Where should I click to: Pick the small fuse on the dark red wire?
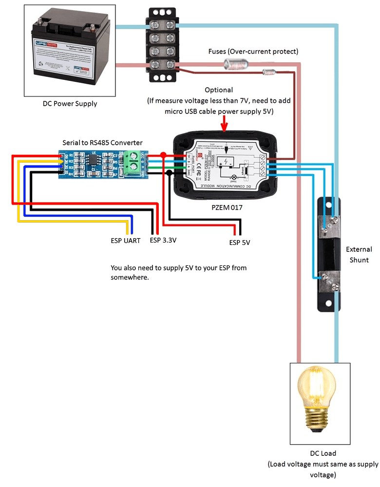pos(269,73)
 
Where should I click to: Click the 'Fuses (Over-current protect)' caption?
pos(253,51)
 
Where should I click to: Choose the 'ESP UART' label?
pos(125,241)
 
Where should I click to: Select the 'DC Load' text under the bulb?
pos(323,453)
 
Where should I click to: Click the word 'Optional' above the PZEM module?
pos(219,90)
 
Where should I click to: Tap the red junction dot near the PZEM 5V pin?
pos(163,154)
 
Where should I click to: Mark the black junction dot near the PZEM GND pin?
pos(169,172)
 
